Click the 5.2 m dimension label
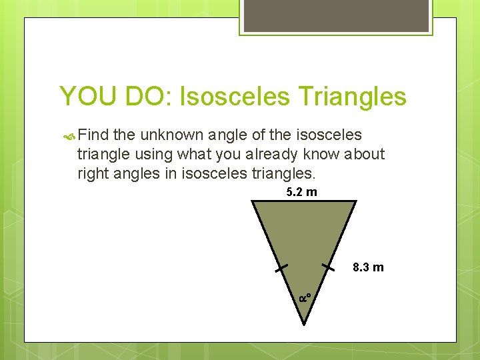(301, 193)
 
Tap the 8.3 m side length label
(368, 267)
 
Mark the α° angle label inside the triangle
(305, 297)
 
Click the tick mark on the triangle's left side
(281, 268)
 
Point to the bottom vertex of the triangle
(304, 324)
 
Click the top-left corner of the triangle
(253, 202)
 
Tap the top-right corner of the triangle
(356, 202)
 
